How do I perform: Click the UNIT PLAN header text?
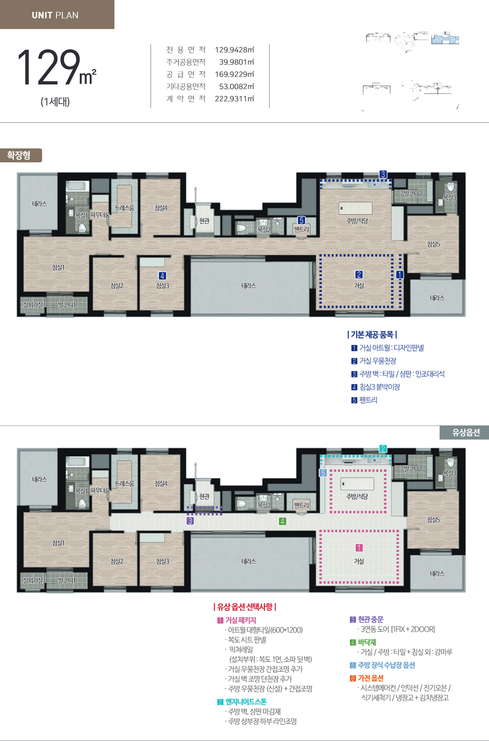pos(55,15)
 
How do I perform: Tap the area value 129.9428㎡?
pos(234,50)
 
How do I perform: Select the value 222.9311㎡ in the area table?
pos(234,99)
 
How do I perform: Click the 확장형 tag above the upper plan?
pos(19,155)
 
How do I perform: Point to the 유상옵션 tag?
pos(465,432)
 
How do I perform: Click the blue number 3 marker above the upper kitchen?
pos(383,174)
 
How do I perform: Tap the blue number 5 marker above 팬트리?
pos(301,221)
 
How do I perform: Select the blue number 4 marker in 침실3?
pos(162,276)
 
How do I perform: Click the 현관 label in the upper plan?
pos(204,221)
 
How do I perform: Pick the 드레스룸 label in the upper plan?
pos(124,208)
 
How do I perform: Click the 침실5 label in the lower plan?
pos(433,520)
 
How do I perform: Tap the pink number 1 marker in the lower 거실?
pos(359,548)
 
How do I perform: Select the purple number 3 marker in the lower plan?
pos(190,521)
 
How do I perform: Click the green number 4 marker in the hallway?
pos(282,521)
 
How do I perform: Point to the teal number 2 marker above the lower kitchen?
pos(383,449)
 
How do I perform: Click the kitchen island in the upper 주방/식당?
pos(356,208)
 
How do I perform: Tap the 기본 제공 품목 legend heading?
pos(372,335)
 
